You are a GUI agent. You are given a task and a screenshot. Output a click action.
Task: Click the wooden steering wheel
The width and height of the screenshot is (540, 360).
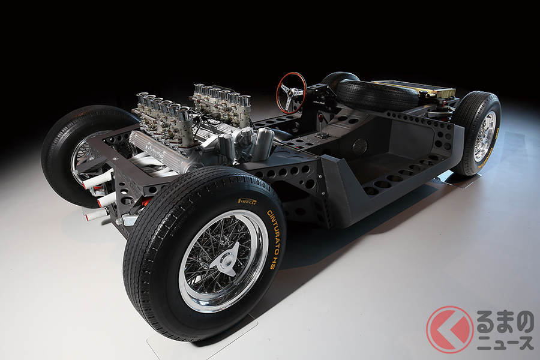click(291, 92)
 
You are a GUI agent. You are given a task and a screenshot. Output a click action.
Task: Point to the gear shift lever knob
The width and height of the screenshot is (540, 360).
click(322, 115)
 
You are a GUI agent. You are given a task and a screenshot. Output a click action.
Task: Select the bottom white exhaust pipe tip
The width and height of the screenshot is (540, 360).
click(96, 214)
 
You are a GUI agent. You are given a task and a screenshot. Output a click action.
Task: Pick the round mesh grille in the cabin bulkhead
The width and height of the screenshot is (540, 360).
click(359, 146)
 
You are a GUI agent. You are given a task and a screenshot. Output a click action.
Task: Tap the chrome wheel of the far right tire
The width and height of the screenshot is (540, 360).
click(484, 137)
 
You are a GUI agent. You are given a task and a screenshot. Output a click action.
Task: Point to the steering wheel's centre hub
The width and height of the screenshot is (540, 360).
click(291, 93)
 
